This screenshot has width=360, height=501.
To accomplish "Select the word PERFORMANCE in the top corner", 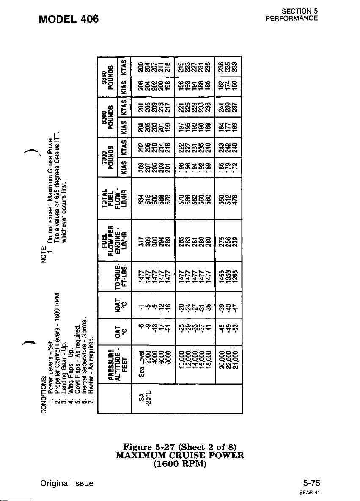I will coord(291,19).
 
